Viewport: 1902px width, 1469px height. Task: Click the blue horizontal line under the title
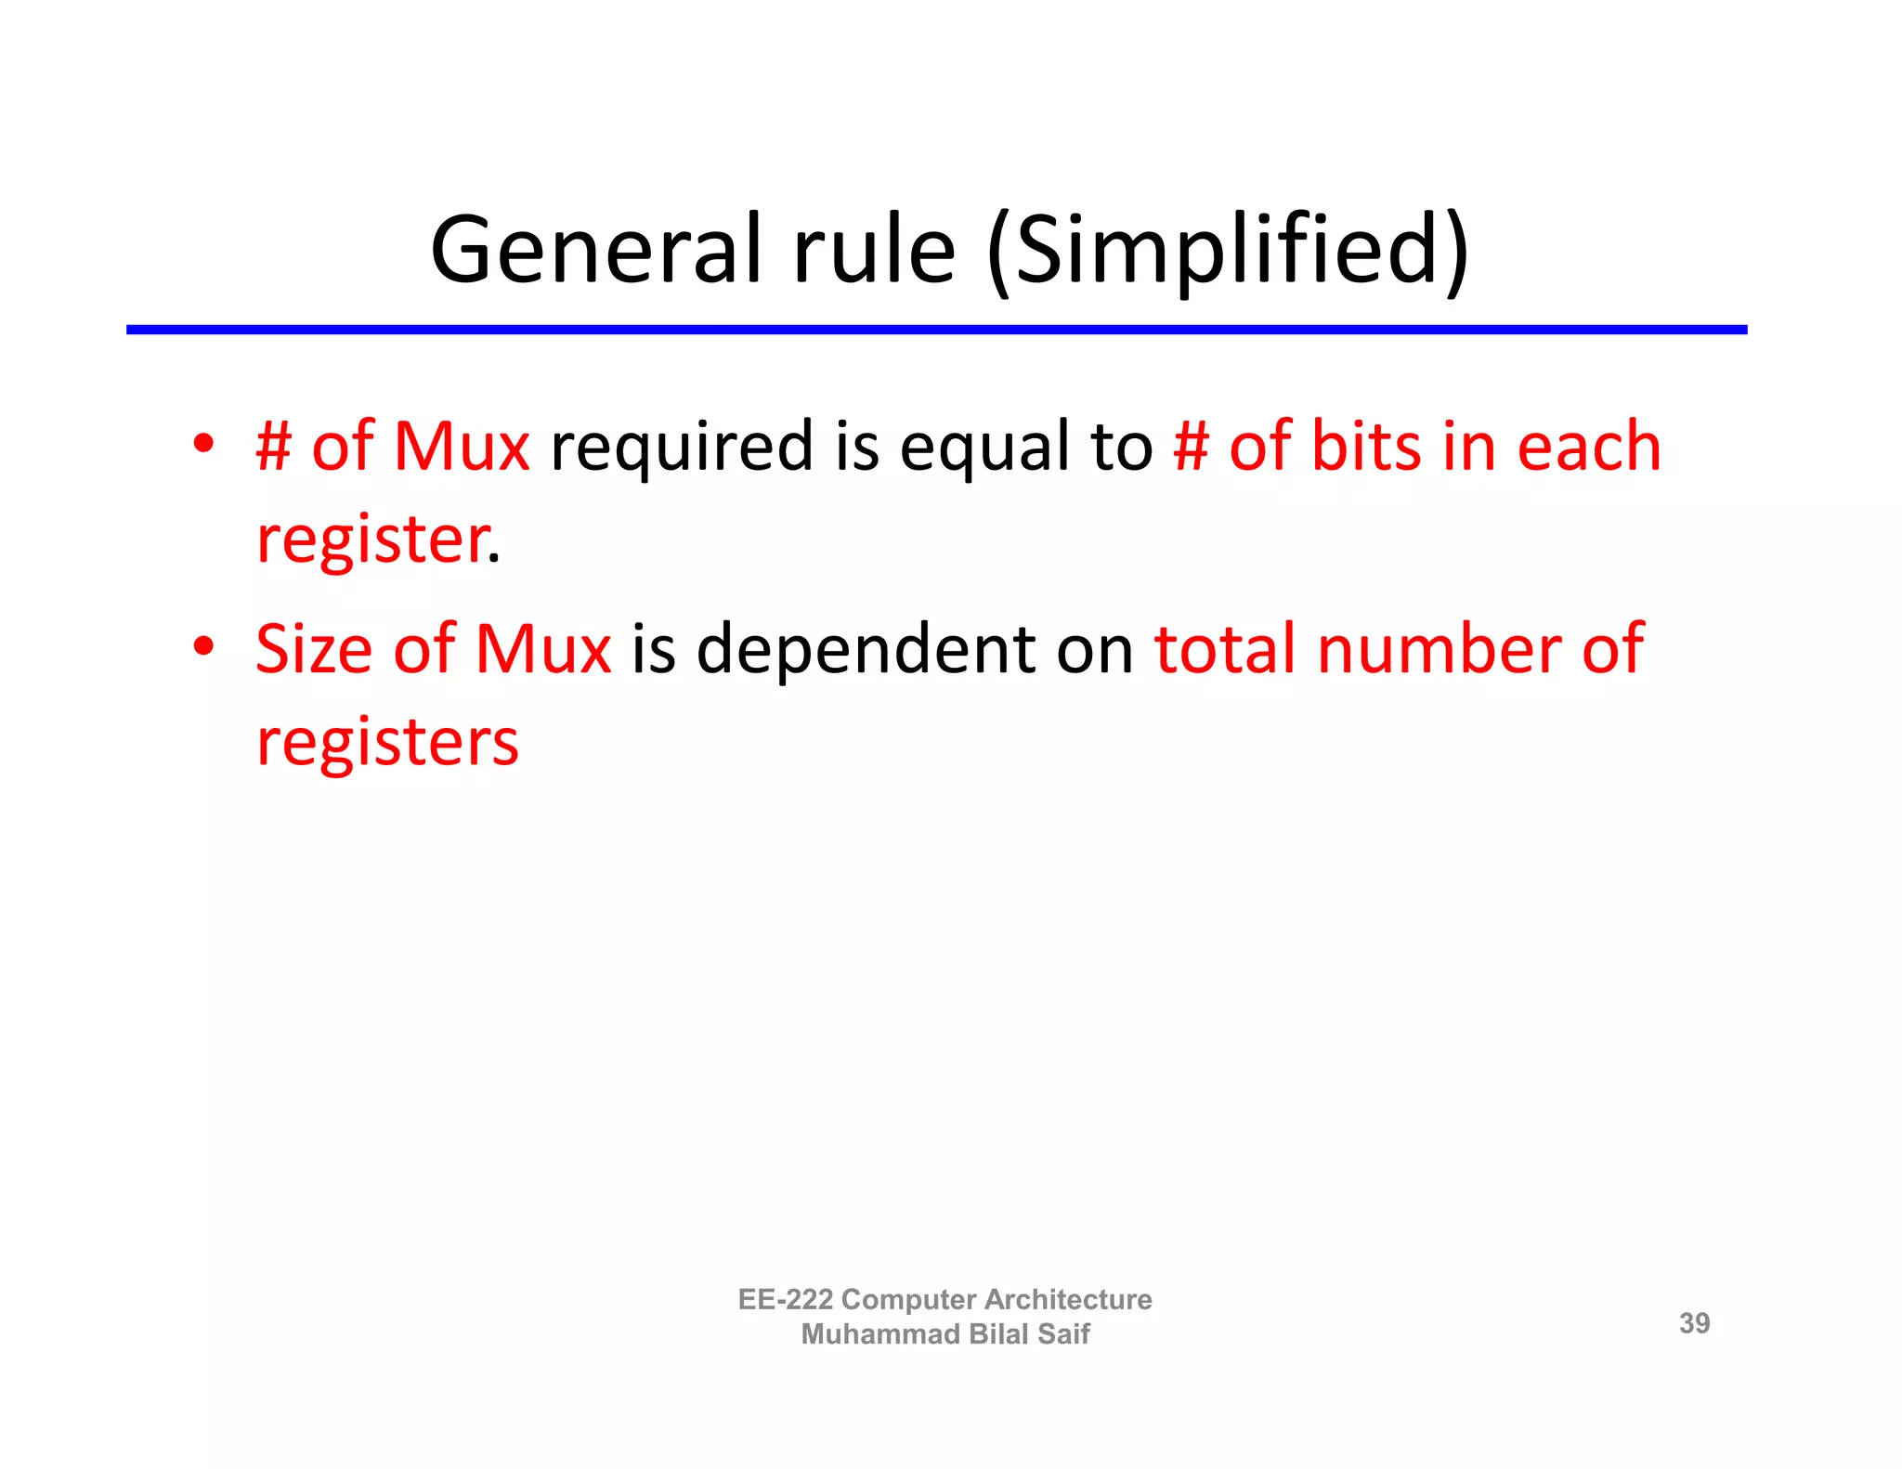coord(936,330)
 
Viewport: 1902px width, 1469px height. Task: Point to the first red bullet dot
coord(203,443)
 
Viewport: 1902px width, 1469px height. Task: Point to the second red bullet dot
coord(203,645)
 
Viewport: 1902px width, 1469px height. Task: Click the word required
coord(682,448)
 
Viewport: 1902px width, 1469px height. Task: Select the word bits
coord(1365,446)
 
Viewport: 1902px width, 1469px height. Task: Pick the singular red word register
coord(371,540)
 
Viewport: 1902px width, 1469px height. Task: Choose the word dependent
coord(866,650)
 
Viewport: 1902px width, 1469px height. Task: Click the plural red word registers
coord(387,743)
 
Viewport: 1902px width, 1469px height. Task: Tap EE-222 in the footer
coord(785,1299)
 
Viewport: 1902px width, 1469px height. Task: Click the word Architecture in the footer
coord(1068,1299)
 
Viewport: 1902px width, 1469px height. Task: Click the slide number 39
coord(1694,1323)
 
